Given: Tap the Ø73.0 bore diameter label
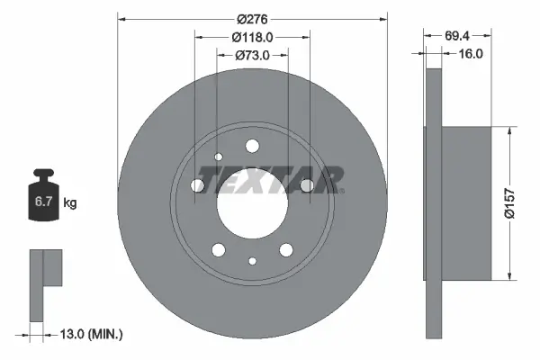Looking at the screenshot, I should click(252, 55).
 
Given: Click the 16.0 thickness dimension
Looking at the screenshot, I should click(470, 54).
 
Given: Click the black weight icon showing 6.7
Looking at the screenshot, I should click(43, 200).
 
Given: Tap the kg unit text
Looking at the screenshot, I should click(70, 203).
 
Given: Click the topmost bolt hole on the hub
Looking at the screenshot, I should click(252, 146).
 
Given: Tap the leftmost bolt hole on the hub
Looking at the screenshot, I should click(198, 185).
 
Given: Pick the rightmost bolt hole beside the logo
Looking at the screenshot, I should click(306, 185).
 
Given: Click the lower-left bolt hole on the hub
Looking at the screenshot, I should click(219, 249).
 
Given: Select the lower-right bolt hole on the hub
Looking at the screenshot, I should click(286, 249).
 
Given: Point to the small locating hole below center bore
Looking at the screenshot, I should click(252, 261).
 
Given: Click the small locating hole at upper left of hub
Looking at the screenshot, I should click(219, 157).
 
